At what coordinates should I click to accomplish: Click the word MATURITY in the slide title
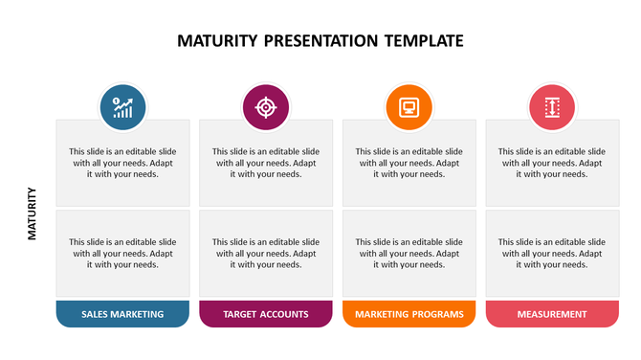pyautogui.click(x=217, y=41)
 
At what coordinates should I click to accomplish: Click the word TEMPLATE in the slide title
pyautogui.click(x=423, y=41)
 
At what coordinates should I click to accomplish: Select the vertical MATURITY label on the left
pyautogui.click(x=33, y=213)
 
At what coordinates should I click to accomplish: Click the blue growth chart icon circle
pyautogui.click(x=122, y=107)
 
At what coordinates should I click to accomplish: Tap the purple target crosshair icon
pyautogui.click(x=266, y=107)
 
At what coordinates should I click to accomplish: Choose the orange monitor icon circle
pyautogui.click(x=409, y=107)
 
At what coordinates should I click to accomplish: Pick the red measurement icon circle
pyautogui.click(x=552, y=107)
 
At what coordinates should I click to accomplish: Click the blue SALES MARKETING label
pyautogui.click(x=122, y=314)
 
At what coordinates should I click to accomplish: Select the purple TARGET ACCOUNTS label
pyautogui.click(x=266, y=314)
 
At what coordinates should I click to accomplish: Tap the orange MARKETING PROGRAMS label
pyautogui.click(x=409, y=314)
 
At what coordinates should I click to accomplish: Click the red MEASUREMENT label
pyautogui.click(x=552, y=314)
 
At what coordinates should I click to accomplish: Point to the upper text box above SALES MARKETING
pyautogui.click(x=122, y=163)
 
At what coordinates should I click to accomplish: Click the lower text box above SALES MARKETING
pyautogui.click(x=122, y=253)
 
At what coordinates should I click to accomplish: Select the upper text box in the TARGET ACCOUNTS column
pyautogui.click(x=266, y=163)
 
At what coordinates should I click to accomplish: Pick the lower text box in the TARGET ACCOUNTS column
pyautogui.click(x=266, y=253)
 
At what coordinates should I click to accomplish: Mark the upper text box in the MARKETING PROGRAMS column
pyautogui.click(x=409, y=163)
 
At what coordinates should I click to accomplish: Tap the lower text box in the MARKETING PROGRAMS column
pyautogui.click(x=409, y=253)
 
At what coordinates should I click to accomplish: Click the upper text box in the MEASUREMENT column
pyautogui.click(x=552, y=163)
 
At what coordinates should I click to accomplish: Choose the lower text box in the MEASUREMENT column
pyautogui.click(x=552, y=253)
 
